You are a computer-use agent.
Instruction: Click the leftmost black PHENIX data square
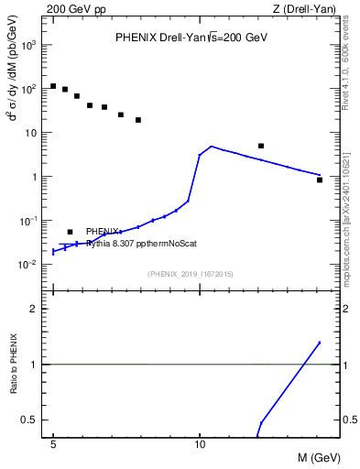[53, 86]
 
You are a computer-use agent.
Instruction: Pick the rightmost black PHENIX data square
[320, 180]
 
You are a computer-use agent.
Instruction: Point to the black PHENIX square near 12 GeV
[261, 146]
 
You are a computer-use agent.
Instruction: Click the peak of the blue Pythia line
[212, 146]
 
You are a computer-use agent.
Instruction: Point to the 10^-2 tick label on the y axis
[29, 265]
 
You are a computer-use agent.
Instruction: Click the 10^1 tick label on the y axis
[30, 133]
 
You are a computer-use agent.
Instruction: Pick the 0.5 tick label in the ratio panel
[30, 420]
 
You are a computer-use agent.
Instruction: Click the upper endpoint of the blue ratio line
[320, 343]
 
